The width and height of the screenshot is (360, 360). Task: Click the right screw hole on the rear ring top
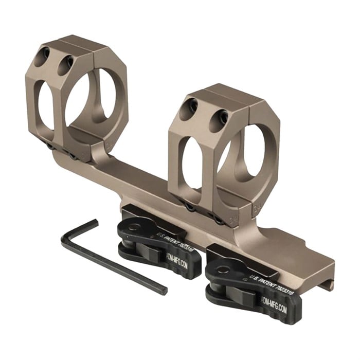coord(65,64)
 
